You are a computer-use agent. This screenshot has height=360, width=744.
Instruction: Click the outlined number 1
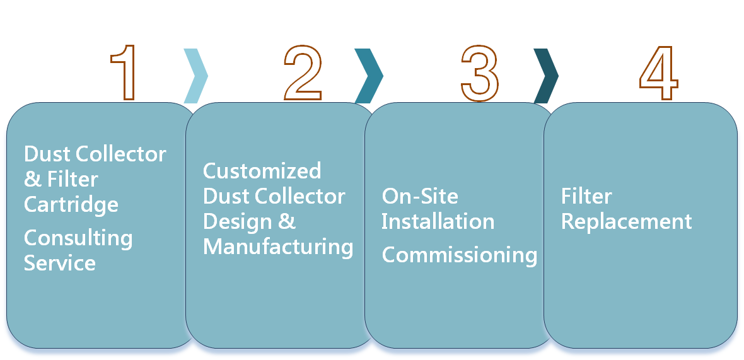127,73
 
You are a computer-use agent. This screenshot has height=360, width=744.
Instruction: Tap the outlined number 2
303,73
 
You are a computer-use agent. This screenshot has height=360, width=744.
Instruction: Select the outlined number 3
480,73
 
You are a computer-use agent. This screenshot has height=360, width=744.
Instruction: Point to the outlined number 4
658,73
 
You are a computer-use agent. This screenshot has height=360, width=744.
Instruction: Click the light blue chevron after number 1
195,76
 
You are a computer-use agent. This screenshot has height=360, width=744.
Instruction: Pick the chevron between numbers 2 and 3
369,76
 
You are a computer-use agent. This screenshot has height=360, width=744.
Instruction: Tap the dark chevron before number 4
546,76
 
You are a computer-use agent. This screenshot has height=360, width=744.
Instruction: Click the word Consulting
78,238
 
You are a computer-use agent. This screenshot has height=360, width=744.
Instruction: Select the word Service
60,262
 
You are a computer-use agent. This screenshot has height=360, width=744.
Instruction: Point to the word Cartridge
71,204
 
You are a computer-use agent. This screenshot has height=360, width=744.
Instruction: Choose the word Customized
262,171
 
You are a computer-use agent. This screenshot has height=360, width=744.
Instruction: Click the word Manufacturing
277,247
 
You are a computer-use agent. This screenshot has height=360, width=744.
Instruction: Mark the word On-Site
420,196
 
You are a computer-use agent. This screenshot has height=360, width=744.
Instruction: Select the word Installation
438,221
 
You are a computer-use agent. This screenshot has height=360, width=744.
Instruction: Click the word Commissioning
459,255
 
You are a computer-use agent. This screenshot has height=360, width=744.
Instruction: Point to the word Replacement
626,221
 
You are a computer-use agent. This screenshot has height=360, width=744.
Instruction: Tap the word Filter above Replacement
586,196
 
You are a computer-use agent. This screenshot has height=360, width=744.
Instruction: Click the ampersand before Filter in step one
32,180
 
